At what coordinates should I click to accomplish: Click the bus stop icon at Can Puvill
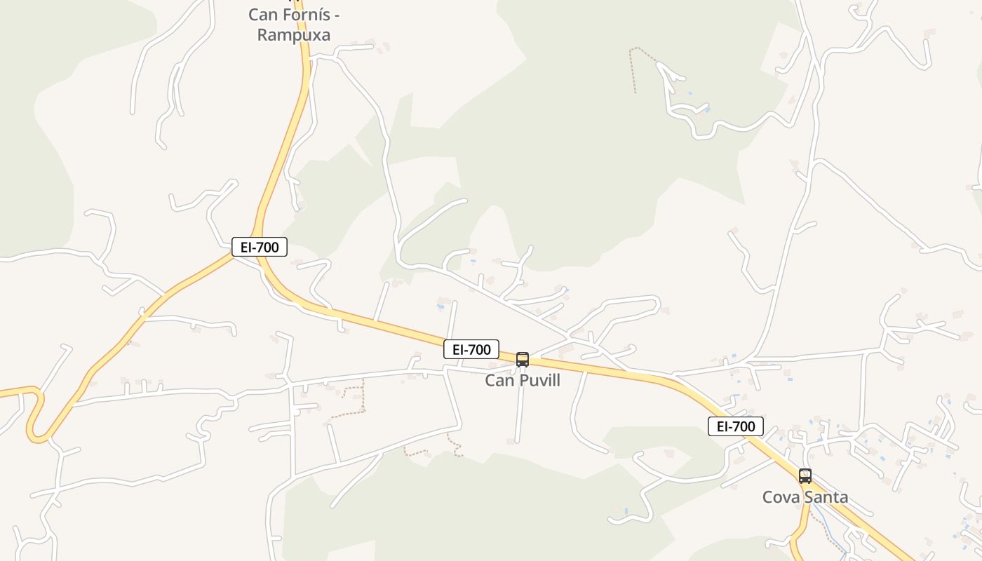coord(523,360)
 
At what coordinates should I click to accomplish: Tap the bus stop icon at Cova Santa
coord(805,476)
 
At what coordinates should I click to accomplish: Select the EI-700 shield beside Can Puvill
coord(471,349)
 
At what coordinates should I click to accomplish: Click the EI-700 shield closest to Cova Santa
coord(735,426)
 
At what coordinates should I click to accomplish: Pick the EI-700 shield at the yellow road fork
coord(260,247)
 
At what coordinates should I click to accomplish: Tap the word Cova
coord(780,497)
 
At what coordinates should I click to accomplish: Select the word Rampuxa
coord(293,34)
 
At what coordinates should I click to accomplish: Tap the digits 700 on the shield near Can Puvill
coord(480,349)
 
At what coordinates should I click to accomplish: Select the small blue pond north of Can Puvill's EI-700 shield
coord(440,306)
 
